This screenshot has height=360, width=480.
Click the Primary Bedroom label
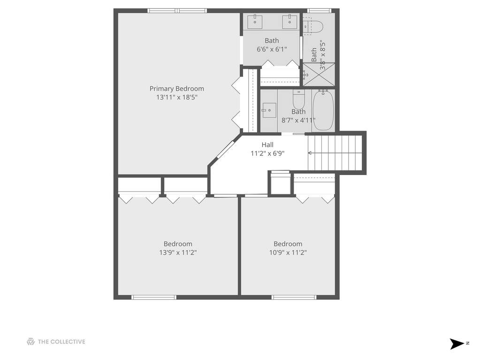[x=176, y=89]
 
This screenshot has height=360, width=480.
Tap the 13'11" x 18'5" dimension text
[x=176, y=97]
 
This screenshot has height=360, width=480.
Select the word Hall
[x=267, y=145]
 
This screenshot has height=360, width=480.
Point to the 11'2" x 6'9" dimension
[x=267, y=153]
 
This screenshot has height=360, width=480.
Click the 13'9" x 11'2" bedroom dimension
[x=178, y=253]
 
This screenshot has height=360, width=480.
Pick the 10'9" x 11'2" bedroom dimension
[x=288, y=253]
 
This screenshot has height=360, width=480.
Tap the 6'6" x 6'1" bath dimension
[x=272, y=49]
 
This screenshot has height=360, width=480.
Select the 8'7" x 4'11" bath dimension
[x=298, y=120]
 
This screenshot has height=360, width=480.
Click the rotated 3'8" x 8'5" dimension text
[x=322, y=56]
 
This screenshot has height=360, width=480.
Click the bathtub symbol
[x=323, y=110]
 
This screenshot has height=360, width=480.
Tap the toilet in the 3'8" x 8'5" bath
[x=313, y=27]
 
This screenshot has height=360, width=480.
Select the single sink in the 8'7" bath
[x=268, y=110]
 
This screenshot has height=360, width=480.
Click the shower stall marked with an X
[x=319, y=74]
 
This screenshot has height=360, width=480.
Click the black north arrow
[x=457, y=344]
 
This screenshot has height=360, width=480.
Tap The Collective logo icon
[x=30, y=342]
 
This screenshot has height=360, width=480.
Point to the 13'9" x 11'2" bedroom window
[x=154, y=297]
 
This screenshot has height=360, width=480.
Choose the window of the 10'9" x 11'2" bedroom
[x=294, y=297]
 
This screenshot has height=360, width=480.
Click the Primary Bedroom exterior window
[x=177, y=11]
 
